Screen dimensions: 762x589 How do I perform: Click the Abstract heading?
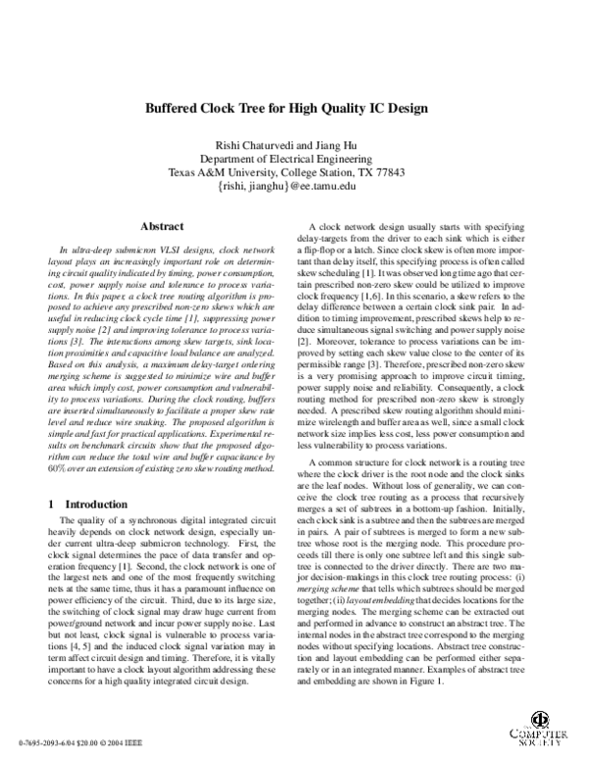[x=164, y=225]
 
